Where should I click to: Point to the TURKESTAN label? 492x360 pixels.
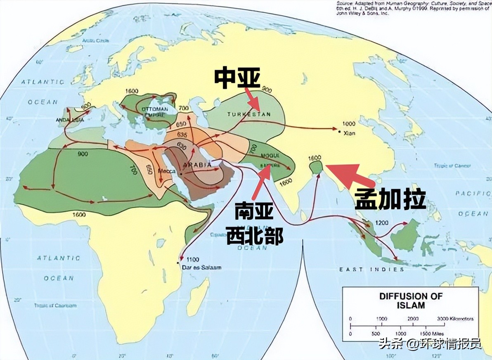pos(249,114)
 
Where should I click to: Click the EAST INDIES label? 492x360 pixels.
pos(371,270)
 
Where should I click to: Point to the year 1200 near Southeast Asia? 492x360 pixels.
pos(382,223)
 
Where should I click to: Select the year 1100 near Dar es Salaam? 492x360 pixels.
pos(192,260)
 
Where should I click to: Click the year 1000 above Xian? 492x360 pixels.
pos(348,124)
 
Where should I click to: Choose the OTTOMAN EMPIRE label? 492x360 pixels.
pos(154,111)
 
